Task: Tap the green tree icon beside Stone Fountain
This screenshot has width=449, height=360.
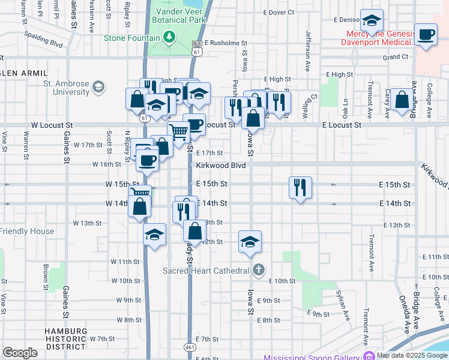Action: tap(170, 38)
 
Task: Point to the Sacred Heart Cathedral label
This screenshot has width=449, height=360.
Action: tap(206, 271)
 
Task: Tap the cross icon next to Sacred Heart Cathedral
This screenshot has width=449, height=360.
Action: tap(258, 269)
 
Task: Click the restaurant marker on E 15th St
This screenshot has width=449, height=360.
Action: tap(299, 187)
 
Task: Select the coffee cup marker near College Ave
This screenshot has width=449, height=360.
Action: tap(426, 34)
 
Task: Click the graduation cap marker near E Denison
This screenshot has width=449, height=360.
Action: tap(372, 20)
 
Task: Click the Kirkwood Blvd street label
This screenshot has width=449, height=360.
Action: tap(221, 165)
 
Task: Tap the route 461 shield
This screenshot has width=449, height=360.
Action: tap(190, 347)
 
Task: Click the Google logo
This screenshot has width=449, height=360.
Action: tap(20, 352)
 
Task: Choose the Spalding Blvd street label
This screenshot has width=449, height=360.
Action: tap(43, 40)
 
